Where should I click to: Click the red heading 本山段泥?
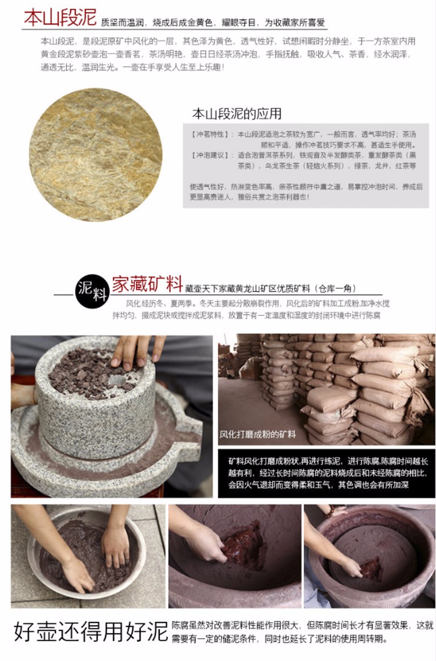60,17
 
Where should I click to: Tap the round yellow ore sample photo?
95,155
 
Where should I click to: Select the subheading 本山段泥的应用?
237,113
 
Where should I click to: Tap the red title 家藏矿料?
147,285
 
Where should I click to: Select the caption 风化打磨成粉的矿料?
258,434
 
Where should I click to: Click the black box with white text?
327,474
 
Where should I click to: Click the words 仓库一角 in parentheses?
334,289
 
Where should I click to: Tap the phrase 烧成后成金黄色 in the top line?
183,23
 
